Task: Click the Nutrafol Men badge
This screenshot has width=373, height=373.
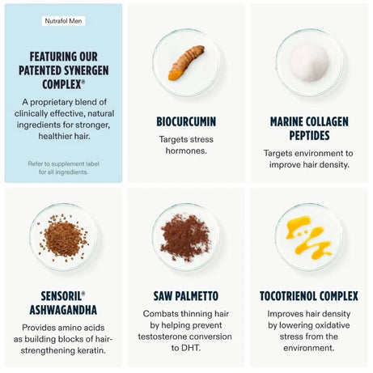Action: click(63, 21)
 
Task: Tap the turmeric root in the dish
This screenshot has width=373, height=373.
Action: click(186, 62)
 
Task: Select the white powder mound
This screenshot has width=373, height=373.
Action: click(309, 63)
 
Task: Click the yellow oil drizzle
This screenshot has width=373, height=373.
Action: click(308, 237)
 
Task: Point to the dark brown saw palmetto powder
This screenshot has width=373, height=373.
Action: click(185, 237)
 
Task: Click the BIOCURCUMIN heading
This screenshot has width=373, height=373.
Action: click(186, 121)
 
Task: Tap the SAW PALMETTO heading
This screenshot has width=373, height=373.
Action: click(186, 296)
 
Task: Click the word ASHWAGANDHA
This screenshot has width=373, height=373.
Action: click(63, 310)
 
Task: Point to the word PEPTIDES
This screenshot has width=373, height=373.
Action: click(309, 135)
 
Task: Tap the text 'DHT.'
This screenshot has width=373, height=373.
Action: click(186, 348)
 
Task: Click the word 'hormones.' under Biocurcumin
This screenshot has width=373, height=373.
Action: click(186, 150)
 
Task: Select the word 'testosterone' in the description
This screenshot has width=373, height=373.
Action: click(162, 337)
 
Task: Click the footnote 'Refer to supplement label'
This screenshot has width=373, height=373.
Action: click(64, 163)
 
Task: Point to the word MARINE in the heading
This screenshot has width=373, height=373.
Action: click(285, 121)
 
